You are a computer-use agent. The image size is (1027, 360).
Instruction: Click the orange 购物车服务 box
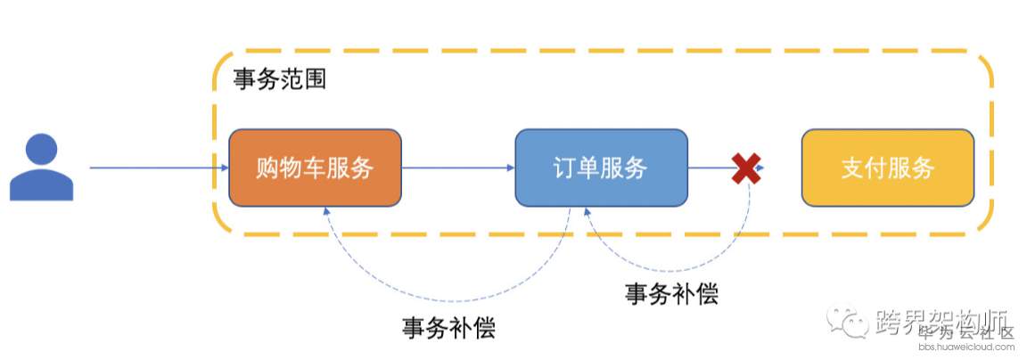click(315, 168)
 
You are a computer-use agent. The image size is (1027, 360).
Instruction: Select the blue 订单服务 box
click(601, 168)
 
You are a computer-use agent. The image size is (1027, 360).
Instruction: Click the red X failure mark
click(745, 168)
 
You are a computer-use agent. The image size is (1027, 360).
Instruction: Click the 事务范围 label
click(279, 80)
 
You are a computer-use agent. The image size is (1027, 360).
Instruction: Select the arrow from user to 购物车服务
click(152, 167)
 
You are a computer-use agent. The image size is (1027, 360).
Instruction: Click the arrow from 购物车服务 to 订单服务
click(457, 167)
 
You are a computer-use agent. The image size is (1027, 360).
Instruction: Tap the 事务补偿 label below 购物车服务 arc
click(448, 327)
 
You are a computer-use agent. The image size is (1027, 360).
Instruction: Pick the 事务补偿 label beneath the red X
click(671, 293)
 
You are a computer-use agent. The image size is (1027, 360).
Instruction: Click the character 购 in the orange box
click(267, 168)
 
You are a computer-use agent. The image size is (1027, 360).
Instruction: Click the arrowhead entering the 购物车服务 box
click(223, 167)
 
